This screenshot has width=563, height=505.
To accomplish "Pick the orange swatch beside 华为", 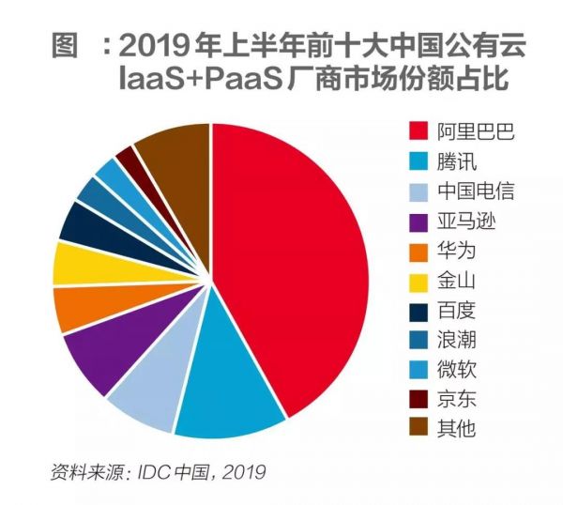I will pyautogui.click(x=418, y=251).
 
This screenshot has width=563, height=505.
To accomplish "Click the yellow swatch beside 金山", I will pyautogui.click(x=418, y=281).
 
